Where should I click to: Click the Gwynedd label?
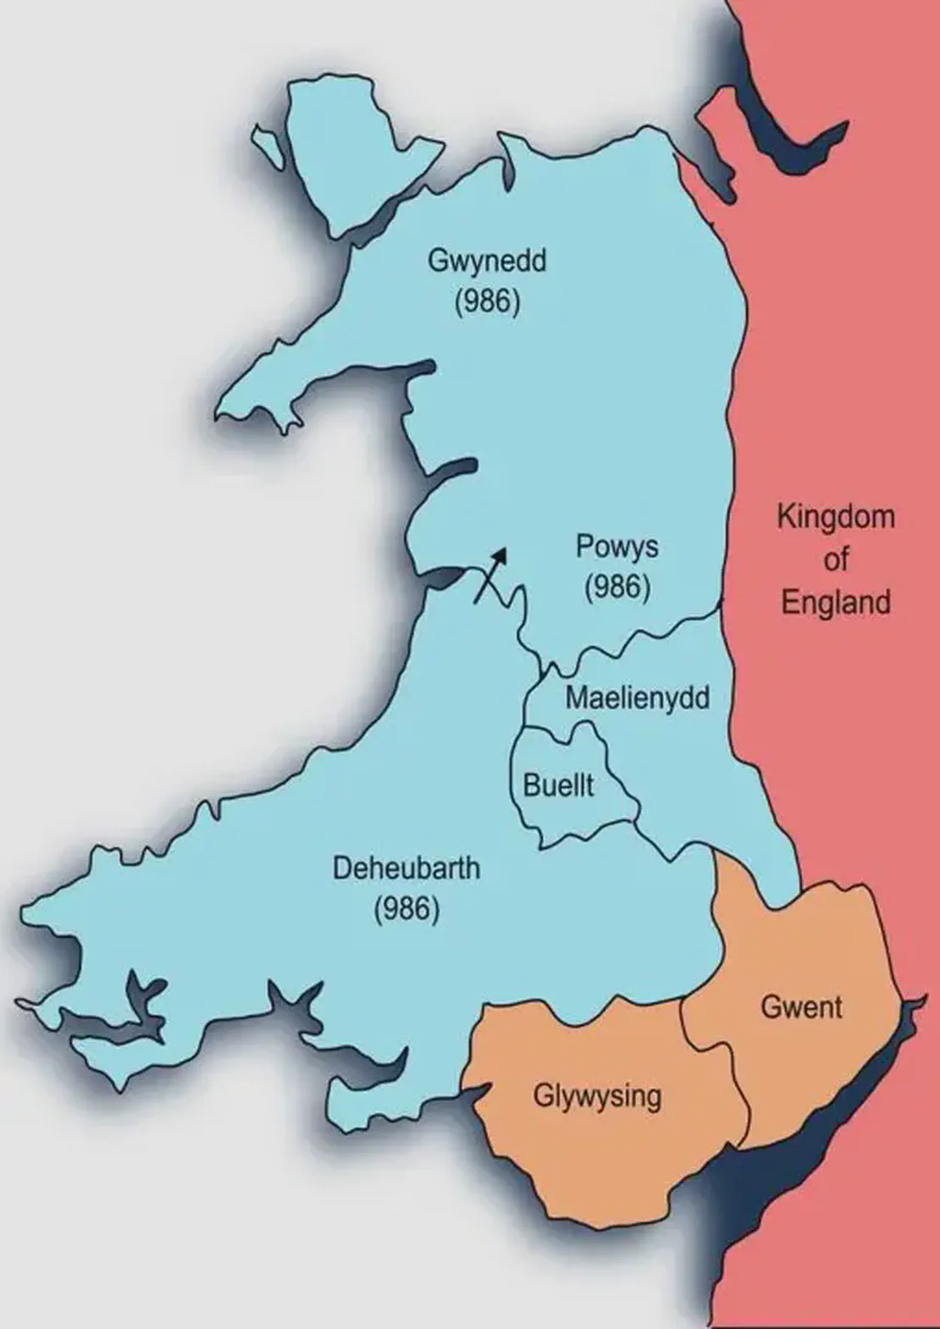pos(486,260)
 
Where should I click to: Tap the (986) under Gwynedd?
pos(486,301)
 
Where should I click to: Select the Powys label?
pos(617,546)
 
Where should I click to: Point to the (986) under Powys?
pos(617,587)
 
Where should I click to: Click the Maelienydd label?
pos(637,698)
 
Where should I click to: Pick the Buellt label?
pos(558,786)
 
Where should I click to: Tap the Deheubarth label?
pos(406,868)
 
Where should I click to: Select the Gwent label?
pos(801,1007)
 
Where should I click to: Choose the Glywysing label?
pos(597,1096)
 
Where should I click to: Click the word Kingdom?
pos(836,516)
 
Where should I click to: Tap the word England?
pos(836,603)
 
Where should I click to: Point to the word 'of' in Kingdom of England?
pos(836,560)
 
